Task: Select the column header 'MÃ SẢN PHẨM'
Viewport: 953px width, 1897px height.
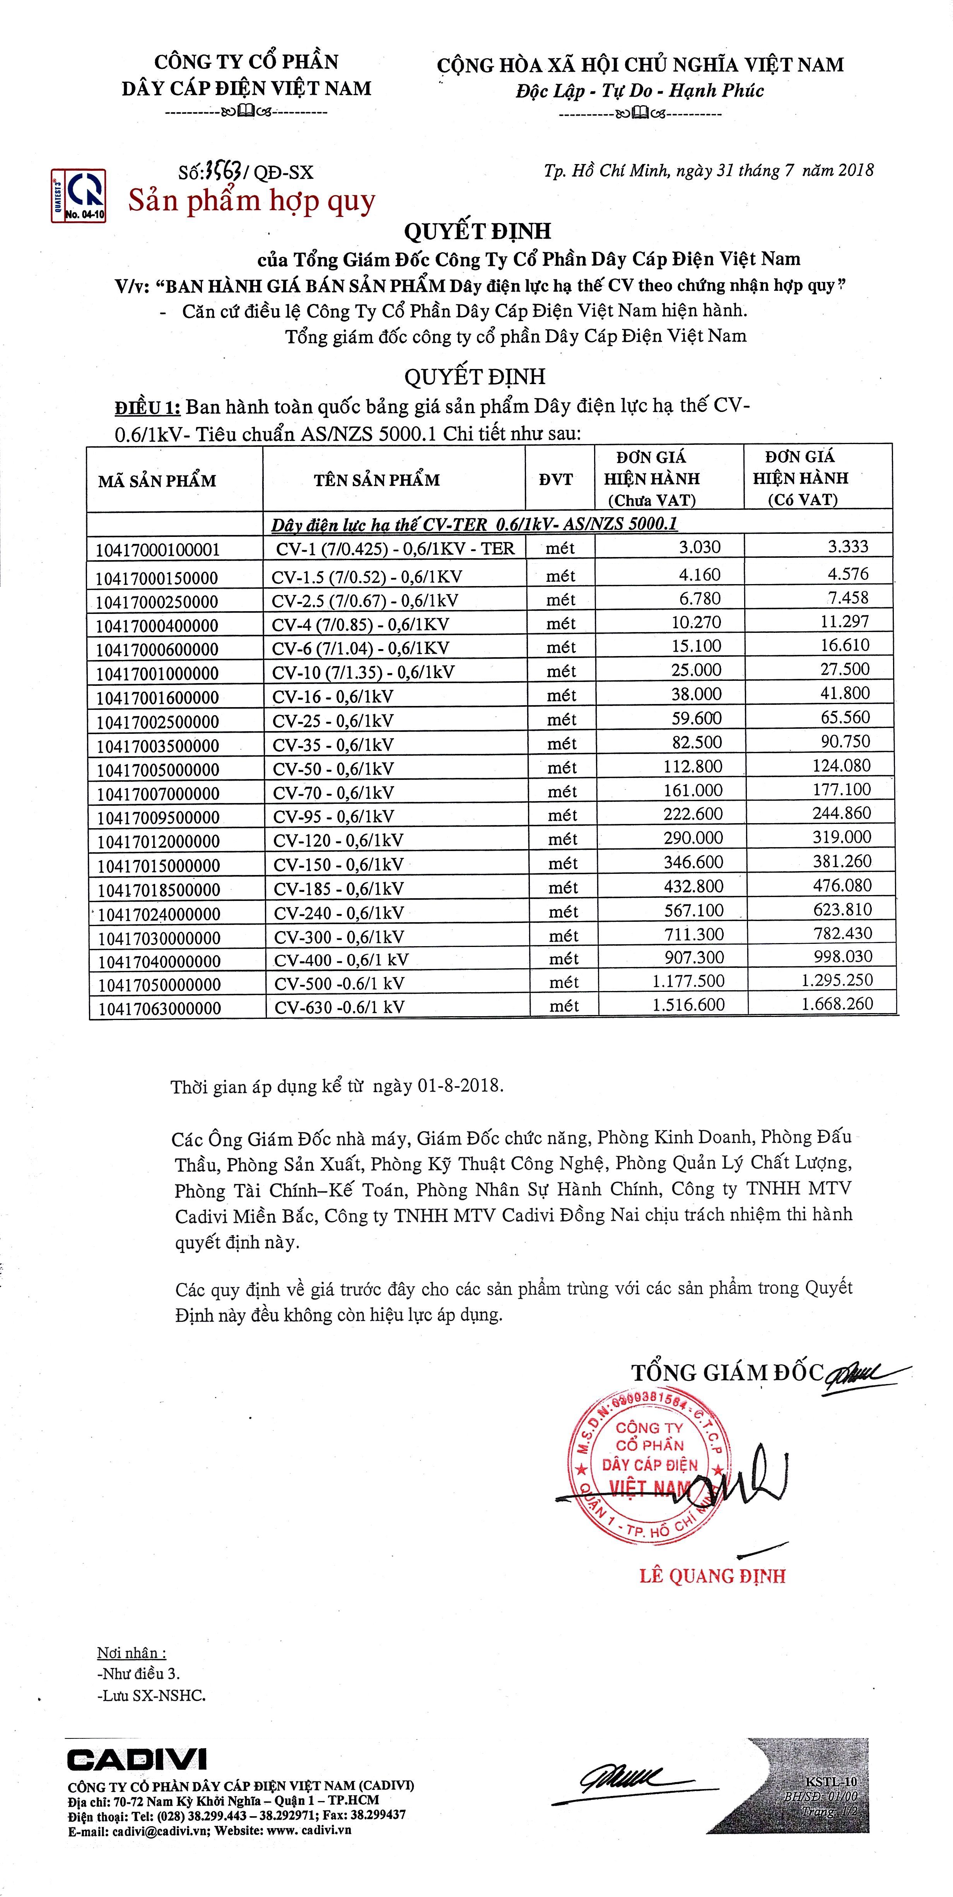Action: point(157,481)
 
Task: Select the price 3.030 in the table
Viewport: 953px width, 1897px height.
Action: point(700,547)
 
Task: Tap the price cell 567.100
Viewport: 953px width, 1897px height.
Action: point(694,910)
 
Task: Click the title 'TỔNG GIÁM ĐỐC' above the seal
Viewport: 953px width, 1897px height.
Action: point(726,1373)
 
